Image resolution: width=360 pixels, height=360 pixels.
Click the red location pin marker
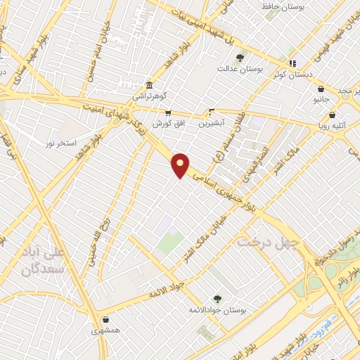click(x=181, y=165)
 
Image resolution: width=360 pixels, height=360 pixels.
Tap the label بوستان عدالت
click(x=240, y=68)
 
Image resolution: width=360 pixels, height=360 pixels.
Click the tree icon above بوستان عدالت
click(x=240, y=57)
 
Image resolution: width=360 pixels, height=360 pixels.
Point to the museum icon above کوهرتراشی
click(x=149, y=82)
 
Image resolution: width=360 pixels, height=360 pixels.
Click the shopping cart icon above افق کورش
click(x=167, y=112)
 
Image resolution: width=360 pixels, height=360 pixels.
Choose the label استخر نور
click(x=60, y=143)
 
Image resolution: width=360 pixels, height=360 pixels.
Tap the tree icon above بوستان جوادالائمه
click(x=217, y=299)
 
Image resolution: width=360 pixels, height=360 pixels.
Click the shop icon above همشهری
click(x=105, y=319)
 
